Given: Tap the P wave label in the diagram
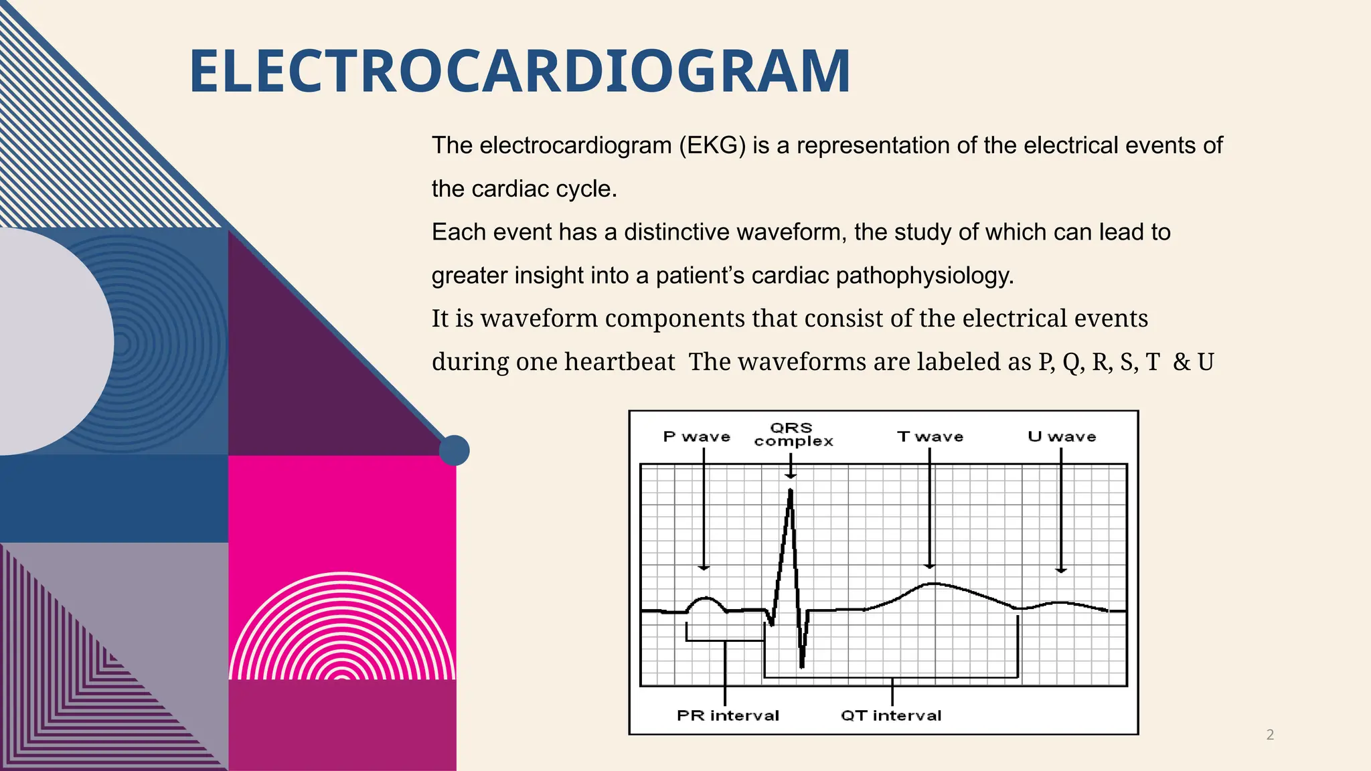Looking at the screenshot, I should (696, 437).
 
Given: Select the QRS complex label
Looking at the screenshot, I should (793, 434).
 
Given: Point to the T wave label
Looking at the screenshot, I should (930, 437).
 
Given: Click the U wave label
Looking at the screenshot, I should (1062, 437).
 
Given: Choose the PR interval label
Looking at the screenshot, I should (728, 715).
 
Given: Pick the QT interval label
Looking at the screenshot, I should (891, 715).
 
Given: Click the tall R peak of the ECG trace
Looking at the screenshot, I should (791, 492).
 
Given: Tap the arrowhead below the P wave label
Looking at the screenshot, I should (704, 568).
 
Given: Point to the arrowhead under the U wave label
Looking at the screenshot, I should (1061, 570).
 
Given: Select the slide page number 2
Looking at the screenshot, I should (1270, 735).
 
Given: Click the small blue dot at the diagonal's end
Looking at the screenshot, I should (454, 450).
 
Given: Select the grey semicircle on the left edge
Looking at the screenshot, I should (54, 341).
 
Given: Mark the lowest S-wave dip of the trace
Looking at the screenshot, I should (802, 665).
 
